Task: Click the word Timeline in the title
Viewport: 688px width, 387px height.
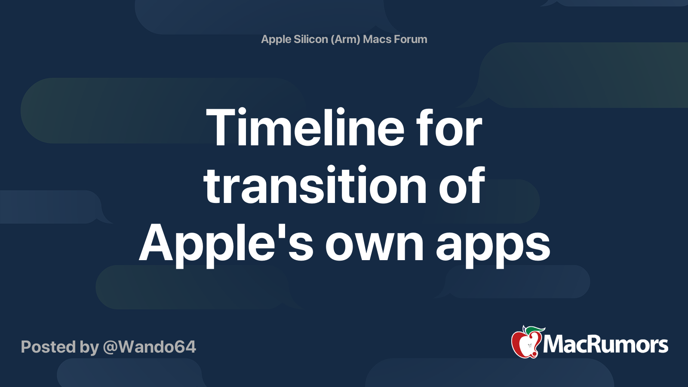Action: [305, 128]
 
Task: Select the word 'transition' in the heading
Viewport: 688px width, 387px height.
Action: [315, 186]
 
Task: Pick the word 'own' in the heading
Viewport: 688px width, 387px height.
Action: [375, 244]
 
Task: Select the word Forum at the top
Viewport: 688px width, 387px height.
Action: [410, 39]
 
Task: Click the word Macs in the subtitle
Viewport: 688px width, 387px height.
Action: [377, 39]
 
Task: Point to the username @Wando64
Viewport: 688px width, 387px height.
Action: [149, 347]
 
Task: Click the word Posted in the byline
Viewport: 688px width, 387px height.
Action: [48, 347]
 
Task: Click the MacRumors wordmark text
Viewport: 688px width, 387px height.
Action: [605, 345]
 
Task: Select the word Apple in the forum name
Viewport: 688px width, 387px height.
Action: [276, 39]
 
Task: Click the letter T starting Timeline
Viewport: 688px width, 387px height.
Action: [220, 128]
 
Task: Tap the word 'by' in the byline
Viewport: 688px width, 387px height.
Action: [89, 347]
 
